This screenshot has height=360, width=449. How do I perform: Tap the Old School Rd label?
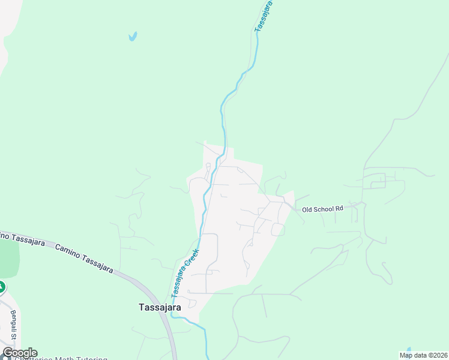(322, 209)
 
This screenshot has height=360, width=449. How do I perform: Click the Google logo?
(19, 353)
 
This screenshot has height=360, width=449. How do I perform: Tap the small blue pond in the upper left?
(133, 36)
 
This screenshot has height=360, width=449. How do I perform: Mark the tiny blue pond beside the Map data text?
(409, 349)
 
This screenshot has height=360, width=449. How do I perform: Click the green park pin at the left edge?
(2, 287)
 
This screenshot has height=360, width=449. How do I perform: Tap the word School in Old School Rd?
(325, 209)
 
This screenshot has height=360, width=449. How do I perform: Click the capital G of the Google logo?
(8, 352)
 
